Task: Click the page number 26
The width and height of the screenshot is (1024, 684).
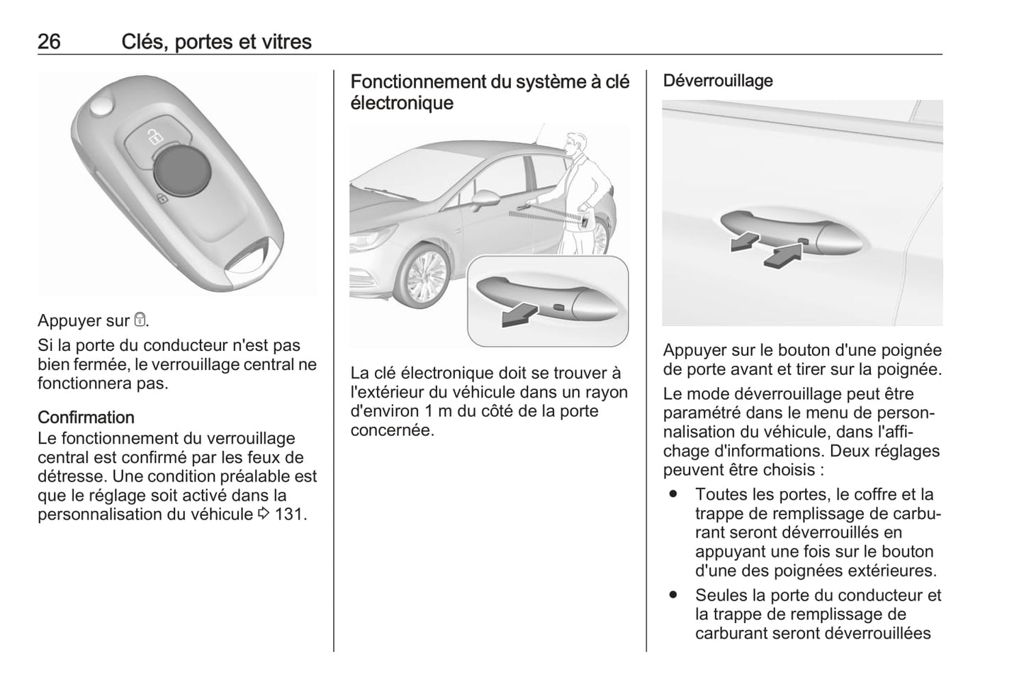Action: (49, 42)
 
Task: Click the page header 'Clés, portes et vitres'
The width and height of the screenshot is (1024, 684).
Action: (216, 42)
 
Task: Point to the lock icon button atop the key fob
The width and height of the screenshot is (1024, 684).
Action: (154, 135)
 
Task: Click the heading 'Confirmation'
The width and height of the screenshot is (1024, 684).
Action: (86, 417)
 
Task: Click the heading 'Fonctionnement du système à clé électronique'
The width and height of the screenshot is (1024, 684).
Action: (490, 92)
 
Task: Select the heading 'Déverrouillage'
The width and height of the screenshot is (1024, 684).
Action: (718, 81)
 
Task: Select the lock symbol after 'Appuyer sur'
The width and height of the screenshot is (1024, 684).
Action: (140, 321)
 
